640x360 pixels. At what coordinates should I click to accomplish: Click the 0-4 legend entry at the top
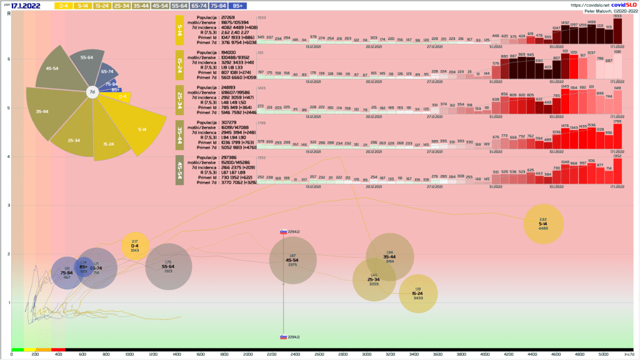[63, 6]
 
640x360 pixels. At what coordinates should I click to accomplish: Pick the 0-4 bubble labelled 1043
[134, 246]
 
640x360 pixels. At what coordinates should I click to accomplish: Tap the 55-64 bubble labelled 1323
[168, 267]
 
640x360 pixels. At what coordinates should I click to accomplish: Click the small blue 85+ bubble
[83, 267]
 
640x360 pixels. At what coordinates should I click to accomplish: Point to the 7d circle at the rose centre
[92, 92]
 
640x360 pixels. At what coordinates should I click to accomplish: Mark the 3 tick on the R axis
[9, 205]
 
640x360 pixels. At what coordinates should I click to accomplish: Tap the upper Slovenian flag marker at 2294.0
[283, 232]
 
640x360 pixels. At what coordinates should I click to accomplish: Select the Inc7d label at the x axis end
[629, 354]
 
